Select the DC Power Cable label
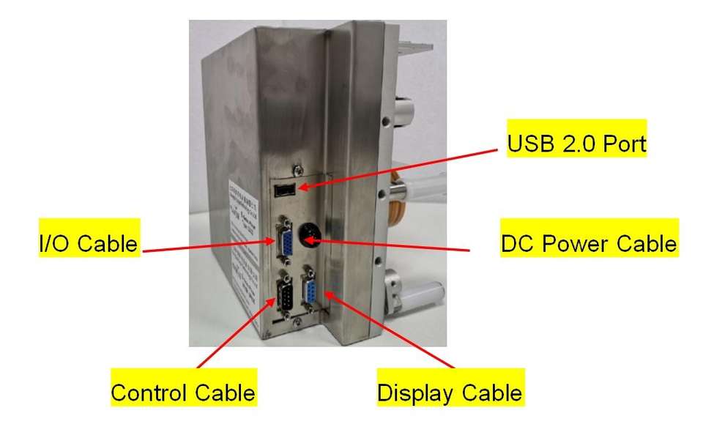589,243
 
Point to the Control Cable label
183,393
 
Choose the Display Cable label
450,393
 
